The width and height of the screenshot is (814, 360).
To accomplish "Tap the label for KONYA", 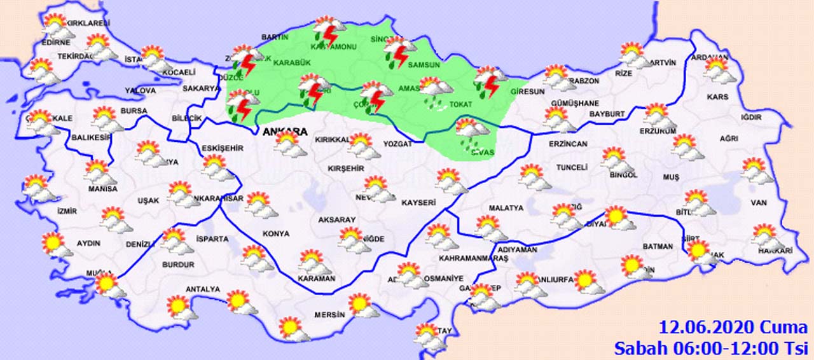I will (x=275, y=233).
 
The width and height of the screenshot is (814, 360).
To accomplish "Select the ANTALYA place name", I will (x=202, y=289).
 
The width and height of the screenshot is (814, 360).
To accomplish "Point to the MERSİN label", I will (x=329, y=315).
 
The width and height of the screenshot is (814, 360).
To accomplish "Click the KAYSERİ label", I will (x=418, y=203).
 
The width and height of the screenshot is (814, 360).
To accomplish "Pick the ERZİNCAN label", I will (x=569, y=144).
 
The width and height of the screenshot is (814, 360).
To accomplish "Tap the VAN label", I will (x=759, y=203).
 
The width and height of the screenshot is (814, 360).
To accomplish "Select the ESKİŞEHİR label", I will (x=222, y=148).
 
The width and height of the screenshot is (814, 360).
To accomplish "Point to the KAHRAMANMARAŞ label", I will (x=474, y=260).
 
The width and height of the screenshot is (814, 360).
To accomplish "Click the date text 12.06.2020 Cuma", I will (x=733, y=328).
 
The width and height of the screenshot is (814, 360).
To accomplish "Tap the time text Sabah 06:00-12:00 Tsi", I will (x=710, y=348).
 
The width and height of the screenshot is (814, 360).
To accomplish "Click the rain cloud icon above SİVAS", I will (x=472, y=132).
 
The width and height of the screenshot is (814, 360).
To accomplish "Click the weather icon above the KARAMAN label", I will (x=312, y=261).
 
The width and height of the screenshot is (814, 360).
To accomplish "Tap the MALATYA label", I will (x=506, y=208).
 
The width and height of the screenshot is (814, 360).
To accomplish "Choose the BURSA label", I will (x=134, y=111).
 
